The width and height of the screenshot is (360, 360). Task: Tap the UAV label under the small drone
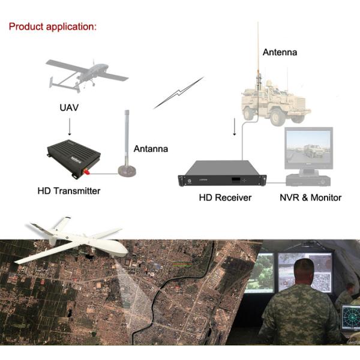click(70, 107)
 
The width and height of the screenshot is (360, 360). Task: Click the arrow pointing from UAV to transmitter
click(70, 127)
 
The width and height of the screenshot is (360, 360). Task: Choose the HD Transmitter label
click(68, 191)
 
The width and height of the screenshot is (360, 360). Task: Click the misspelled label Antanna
click(151, 149)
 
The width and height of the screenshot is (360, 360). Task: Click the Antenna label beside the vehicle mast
click(280, 52)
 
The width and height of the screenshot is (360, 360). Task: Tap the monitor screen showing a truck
click(307, 148)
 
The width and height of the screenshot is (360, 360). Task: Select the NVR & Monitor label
click(310, 197)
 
